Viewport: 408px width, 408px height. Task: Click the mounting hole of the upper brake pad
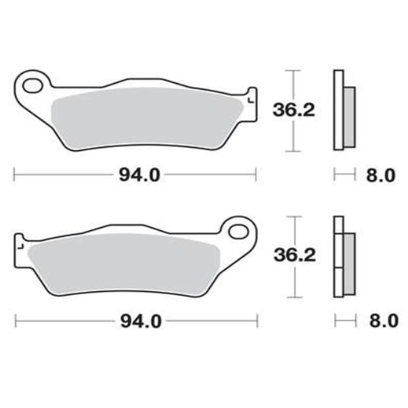click(x=32, y=85)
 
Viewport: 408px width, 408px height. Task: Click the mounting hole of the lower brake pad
click(x=238, y=232)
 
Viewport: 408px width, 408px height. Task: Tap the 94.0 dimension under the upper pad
click(x=139, y=175)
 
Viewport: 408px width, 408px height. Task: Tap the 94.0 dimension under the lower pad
click(x=141, y=322)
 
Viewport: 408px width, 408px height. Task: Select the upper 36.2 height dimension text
click(x=294, y=110)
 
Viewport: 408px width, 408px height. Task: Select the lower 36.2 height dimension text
click(x=295, y=256)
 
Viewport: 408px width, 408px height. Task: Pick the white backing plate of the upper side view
click(x=338, y=110)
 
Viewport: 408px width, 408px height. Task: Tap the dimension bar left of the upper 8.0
click(x=345, y=175)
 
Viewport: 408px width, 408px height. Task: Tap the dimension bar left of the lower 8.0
click(x=345, y=321)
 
